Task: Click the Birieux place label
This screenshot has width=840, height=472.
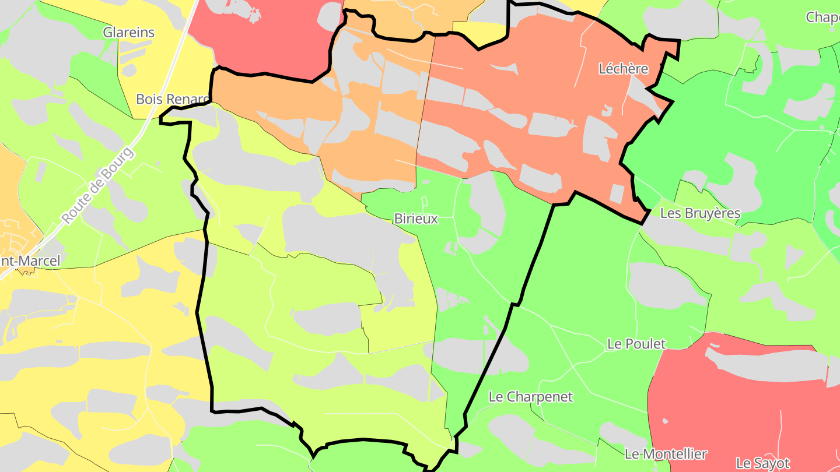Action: [416, 219]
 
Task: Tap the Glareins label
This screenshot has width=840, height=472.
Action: [129, 33]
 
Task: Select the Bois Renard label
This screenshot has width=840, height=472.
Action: [173, 99]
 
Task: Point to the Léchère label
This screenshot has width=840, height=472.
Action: [624, 69]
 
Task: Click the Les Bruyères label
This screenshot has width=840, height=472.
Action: [700, 213]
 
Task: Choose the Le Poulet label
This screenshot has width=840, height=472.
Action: [636, 344]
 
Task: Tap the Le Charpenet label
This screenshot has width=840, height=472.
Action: [531, 397]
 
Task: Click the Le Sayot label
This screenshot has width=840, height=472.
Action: [762, 463]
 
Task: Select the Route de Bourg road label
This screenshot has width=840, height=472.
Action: [98, 185]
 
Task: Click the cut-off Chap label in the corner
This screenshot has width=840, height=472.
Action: [822, 17]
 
